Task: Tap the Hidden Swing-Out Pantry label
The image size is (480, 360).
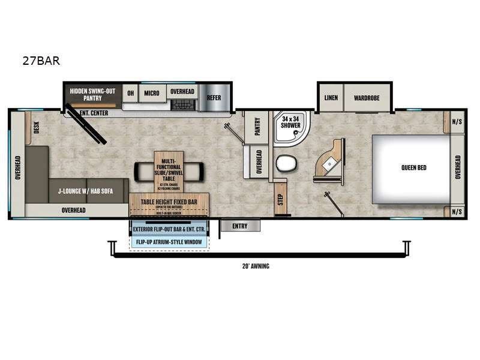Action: (93, 94)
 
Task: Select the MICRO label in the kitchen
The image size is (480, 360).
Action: (151, 93)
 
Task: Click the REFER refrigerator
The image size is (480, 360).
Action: (214, 98)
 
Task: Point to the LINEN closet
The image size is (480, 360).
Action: (331, 98)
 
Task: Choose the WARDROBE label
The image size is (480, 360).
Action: (367, 98)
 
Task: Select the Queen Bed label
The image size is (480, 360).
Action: (414, 167)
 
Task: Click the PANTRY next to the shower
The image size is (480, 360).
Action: (257, 127)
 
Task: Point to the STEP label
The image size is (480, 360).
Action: (280, 200)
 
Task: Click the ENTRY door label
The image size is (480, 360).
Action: (240, 226)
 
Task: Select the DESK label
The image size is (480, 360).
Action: (36, 127)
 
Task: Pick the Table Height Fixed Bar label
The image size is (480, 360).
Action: (169, 202)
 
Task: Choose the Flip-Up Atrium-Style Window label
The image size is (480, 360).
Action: (169, 242)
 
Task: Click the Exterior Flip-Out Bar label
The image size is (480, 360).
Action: (169, 230)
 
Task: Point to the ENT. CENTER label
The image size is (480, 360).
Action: (90, 113)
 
